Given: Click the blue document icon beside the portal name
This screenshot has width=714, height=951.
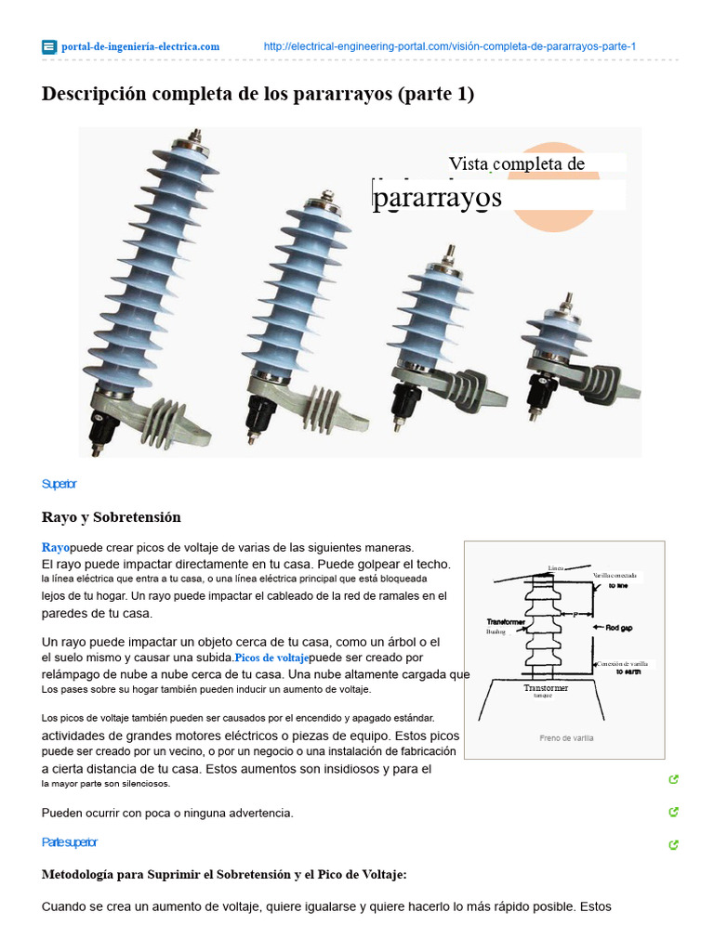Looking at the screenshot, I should coord(49,46).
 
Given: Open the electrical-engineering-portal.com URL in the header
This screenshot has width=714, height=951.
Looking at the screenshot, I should coord(449,46).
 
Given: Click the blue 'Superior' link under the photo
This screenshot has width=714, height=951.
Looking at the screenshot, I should coord(59,484).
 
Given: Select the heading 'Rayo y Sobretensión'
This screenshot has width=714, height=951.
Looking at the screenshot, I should coord(111,517).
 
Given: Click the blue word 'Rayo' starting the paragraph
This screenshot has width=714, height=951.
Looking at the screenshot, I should coord(56,547).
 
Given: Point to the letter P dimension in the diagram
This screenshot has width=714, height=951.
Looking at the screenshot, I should coord(575,614).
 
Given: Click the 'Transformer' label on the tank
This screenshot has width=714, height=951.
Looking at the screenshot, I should coord(545,688).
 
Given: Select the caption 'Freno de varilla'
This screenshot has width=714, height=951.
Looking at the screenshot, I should coord(565,738).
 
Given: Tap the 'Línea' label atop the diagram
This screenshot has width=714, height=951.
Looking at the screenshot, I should coord(556,567).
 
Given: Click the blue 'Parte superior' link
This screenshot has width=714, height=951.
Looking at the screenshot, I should coord(70,842).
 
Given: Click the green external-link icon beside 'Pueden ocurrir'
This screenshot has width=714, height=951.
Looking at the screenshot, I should coord(673,813).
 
